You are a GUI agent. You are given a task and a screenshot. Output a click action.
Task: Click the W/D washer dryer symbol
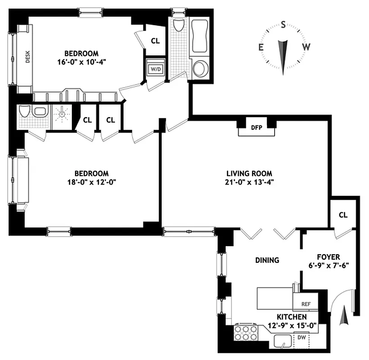tap(156, 69)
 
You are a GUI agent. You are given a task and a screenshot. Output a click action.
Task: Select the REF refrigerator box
tap(306, 304)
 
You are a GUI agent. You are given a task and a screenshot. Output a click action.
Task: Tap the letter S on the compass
tap(283, 25)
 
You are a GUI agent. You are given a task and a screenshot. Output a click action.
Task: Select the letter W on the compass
tap(306, 47)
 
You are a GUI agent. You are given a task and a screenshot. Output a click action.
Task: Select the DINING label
tap(267, 260)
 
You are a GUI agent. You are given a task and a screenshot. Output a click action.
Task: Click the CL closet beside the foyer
tap(343, 215)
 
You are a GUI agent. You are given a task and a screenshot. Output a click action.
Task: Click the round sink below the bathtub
tap(199, 68)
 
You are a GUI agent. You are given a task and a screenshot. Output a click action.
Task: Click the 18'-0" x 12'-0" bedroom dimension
tap(92, 182)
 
